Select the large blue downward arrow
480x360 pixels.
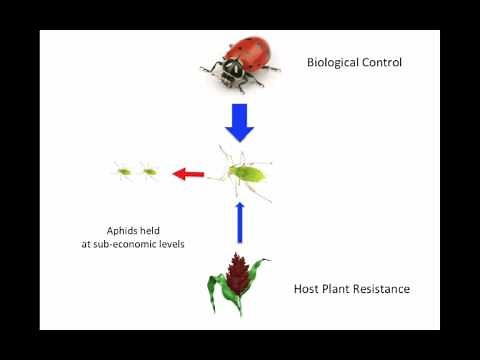pyautogui.click(x=239, y=122)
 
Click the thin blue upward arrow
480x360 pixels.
pyautogui.click(x=239, y=222)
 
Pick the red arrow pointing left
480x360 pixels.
pyautogui.click(x=188, y=175)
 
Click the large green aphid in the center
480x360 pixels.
pyautogui.click(x=245, y=174)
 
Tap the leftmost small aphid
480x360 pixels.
pyautogui.click(x=124, y=171)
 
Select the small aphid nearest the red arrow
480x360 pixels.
pyautogui.click(x=149, y=171)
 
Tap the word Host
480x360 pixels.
pyautogui.click(x=307, y=289)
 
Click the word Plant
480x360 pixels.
pyautogui.click(x=339, y=289)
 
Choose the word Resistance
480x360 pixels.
pyautogui.click(x=383, y=289)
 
